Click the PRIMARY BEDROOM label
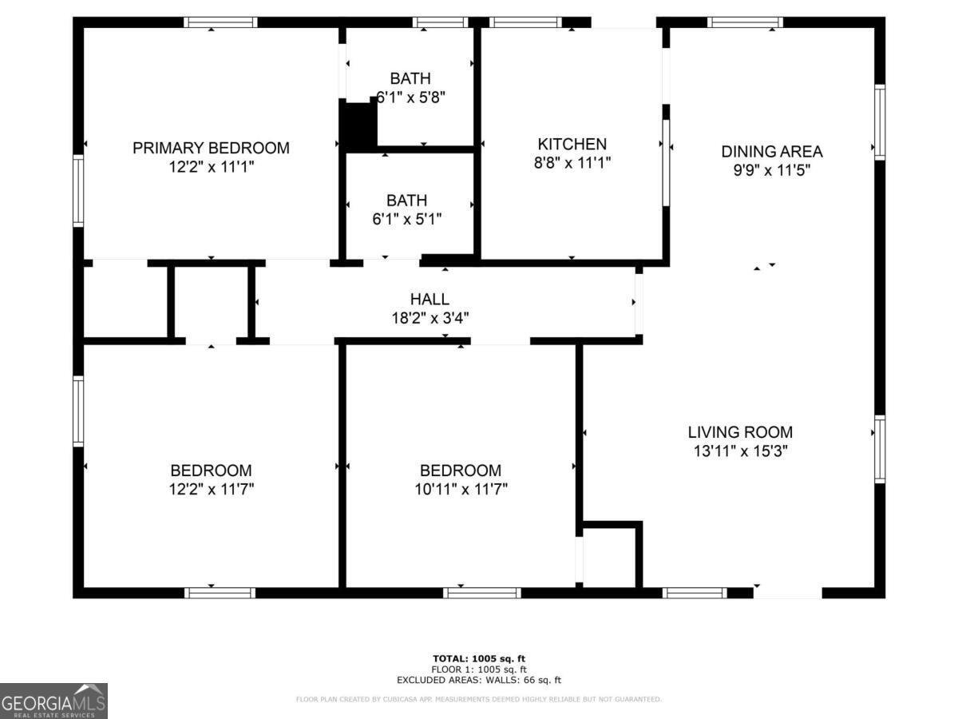211,148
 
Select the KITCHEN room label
572,145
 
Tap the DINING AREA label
771,152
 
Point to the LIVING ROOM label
740,432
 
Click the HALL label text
430,300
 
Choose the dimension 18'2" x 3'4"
430,317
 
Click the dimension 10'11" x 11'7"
461,489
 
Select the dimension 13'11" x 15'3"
740,451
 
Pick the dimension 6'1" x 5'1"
406,218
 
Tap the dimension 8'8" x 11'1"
572,163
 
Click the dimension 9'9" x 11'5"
771,170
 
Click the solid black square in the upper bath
359,125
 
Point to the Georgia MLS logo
53,701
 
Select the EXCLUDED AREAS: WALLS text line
479,681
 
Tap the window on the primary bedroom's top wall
220,22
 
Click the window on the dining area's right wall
880,122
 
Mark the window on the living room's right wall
880,449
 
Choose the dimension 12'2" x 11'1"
211,166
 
